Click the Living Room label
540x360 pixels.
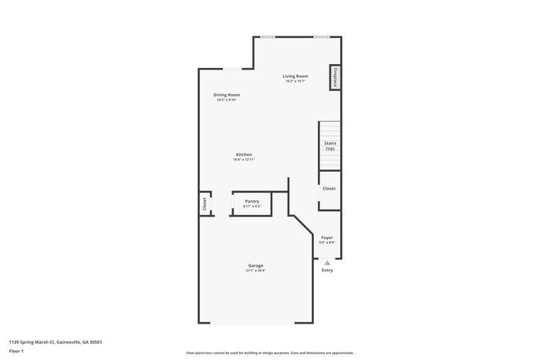click(x=295, y=76)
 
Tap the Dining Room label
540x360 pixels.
click(x=227, y=95)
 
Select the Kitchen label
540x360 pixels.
click(x=244, y=154)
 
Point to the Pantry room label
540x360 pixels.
click(x=251, y=201)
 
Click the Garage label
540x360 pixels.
click(x=255, y=265)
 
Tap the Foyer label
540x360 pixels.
click(x=327, y=237)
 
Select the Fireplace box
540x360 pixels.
click(x=336, y=78)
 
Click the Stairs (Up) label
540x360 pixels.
click(x=329, y=146)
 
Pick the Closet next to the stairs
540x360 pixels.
click(x=329, y=188)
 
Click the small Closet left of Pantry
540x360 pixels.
click(x=204, y=204)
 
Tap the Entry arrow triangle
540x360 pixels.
click(x=327, y=262)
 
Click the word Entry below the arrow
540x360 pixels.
click(x=327, y=271)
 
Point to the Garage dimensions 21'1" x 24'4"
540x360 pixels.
click(x=255, y=271)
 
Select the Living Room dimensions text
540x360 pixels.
click(x=295, y=82)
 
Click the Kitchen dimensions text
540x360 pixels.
click(x=244, y=160)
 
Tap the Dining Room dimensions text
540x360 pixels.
click(x=227, y=100)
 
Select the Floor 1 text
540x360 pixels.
click(x=17, y=351)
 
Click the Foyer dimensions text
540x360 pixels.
click(x=327, y=243)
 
